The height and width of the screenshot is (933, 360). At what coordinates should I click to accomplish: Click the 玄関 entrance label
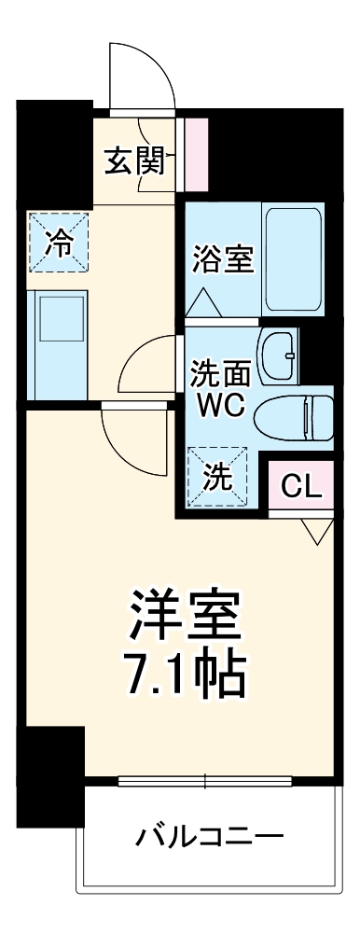point(133,161)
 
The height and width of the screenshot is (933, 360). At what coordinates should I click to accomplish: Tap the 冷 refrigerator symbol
point(58,241)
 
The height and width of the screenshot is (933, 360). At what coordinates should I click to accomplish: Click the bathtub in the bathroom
point(293,259)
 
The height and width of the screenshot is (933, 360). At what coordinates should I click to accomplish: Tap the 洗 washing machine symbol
point(217,477)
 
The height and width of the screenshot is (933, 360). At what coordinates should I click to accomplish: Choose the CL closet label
point(301,485)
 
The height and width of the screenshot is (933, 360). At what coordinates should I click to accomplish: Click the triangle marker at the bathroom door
point(202,303)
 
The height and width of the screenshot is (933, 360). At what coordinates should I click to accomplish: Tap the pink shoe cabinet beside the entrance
point(195,151)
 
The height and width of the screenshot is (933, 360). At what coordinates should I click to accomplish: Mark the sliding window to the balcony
point(208,779)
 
